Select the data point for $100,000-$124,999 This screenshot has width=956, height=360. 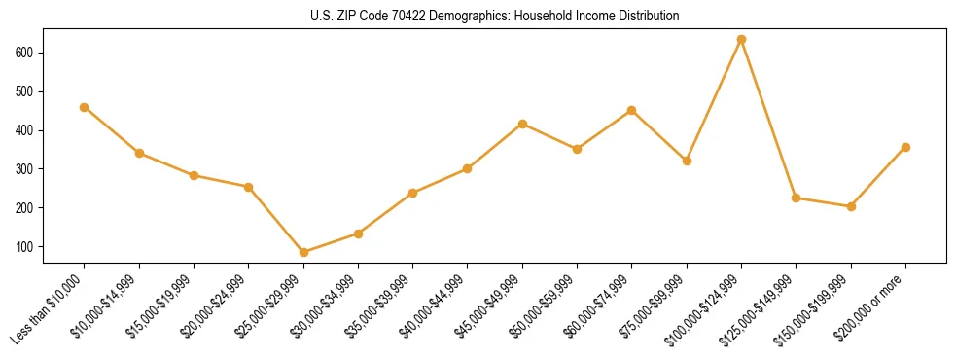[x=741, y=40]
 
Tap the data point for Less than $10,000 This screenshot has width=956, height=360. [x=85, y=107]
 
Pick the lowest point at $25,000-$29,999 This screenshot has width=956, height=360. [x=303, y=252]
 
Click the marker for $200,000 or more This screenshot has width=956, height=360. [x=905, y=147]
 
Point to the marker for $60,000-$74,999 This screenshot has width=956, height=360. [x=632, y=110]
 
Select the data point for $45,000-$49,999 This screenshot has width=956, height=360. [x=522, y=124]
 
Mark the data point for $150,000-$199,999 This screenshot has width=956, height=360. [x=851, y=206]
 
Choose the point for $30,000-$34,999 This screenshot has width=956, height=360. [x=358, y=234]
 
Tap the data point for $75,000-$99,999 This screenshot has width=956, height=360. [x=687, y=161]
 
